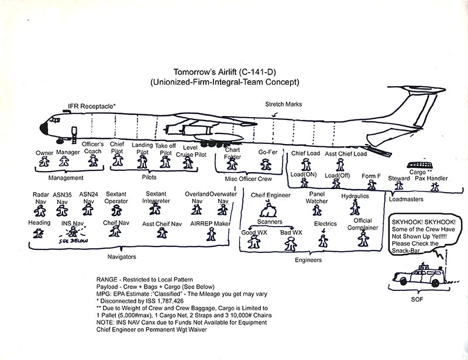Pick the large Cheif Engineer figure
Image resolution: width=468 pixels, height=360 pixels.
point(269,207)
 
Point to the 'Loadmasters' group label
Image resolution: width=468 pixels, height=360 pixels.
point(407,198)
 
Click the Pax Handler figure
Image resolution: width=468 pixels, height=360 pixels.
point(434,186)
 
